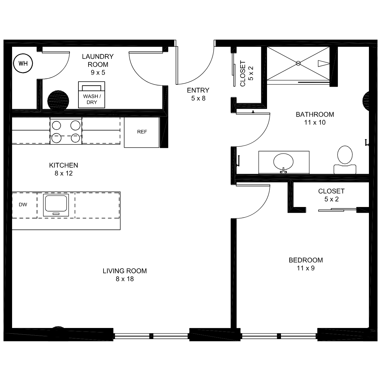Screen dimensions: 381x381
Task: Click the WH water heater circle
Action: [x=23, y=63]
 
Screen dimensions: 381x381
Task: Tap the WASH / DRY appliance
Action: [x=91, y=95]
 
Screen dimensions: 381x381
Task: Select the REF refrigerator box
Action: [x=142, y=132]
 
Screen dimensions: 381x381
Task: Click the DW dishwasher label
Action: [x=23, y=205]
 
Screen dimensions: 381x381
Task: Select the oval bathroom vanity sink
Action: [x=283, y=162]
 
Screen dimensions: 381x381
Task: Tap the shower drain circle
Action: [x=298, y=63]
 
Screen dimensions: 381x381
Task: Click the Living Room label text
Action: [x=125, y=271]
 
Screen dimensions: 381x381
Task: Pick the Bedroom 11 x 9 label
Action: [x=306, y=264]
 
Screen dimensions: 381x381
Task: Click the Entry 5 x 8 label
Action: [x=198, y=94]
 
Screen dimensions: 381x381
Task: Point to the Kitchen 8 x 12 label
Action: [x=64, y=169]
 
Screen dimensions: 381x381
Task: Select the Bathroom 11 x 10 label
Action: [x=315, y=118]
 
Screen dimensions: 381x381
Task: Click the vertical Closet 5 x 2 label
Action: [x=246, y=74]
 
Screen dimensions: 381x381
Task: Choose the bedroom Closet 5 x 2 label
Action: [x=331, y=195]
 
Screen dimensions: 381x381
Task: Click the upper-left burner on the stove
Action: [x=56, y=125]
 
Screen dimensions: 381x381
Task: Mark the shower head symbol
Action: [x=324, y=63]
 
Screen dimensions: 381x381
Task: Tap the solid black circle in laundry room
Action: [x=58, y=101]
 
